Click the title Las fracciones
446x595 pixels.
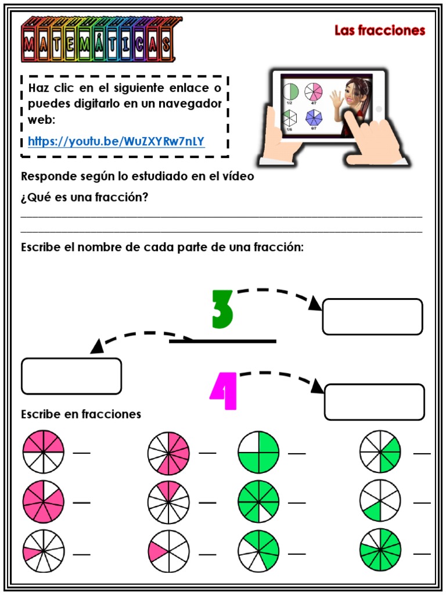pyautogui.click(x=380, y=30)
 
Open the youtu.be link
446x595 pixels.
pyautogui.click(x=116, y=141)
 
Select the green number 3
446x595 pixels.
pyautogui.click(x=222, y=309)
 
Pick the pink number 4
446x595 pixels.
pyautogui.click(x=224, y=392)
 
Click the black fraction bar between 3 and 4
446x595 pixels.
pyautogui.click(x=222, y=340)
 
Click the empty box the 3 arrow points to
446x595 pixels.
pyautogui.click(x=372, y=317)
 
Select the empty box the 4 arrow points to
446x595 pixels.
pyautogui.click(x=374, y=402)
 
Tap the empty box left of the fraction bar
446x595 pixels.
pyautogui.click(x=71, y=376)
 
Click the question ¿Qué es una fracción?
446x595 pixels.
pyautogui.click(x=85, y=198)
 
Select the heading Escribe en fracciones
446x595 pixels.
pyautogui.click(x=81, y=414)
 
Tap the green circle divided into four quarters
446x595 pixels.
pyautogui.click(x=258, y=452)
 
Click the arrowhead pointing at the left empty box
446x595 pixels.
pyautogui.click(x=97, y=347)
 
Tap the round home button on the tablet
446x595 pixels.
pyautogui.click(x=379, y=109)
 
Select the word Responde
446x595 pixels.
pyautogui.click(x=46, y=177)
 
